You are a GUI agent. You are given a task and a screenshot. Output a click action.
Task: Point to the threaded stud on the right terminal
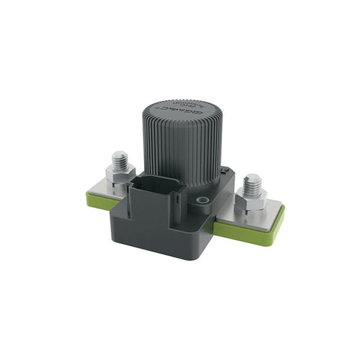coord(253,184)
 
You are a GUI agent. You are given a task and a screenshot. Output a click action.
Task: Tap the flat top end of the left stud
coord(119,154)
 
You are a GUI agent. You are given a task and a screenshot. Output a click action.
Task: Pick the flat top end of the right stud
coord(253,178)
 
